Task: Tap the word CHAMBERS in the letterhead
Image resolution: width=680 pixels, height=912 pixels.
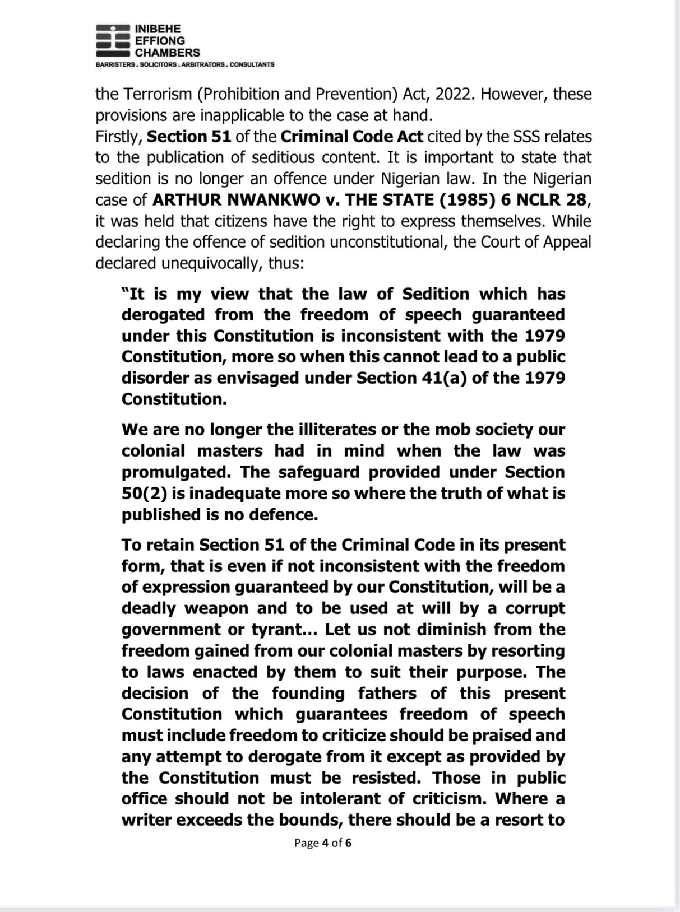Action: click(x=167, y=53)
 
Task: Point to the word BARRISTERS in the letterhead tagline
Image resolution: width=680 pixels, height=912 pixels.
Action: click(x=114, y=65)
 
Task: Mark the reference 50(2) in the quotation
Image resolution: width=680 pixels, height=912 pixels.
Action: click(x=142, y=494)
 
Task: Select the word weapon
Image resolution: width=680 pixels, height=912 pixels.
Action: click(x=214, y=608)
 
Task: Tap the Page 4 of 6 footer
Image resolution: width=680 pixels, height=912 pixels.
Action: click(x=323, y=843)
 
